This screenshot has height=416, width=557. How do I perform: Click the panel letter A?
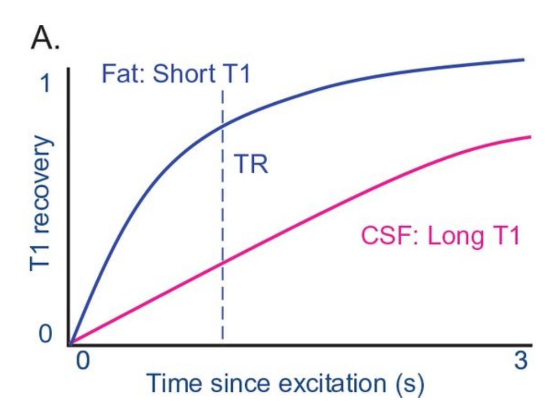(45, 39)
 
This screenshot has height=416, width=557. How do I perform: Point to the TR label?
(251, 165)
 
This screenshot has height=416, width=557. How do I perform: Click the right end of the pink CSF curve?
(530, 137)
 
